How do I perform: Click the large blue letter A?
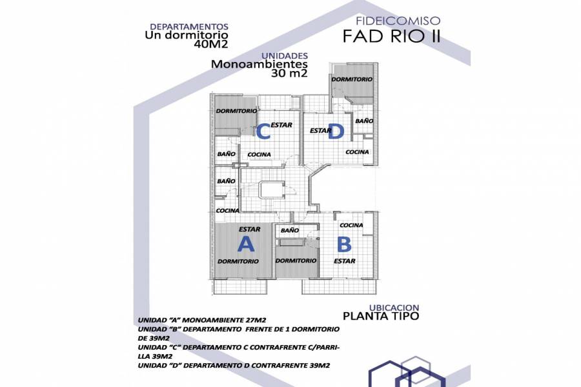[246, 244]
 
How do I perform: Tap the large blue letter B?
[344, 244]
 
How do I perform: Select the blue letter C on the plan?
[263, 132]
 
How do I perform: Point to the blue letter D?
[335, 133]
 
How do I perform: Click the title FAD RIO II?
[392, 35]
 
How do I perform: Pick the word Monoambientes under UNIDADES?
[259, 64]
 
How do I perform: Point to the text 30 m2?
[289, 74]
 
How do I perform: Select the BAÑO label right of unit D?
[364, 121]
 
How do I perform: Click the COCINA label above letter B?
[351, 225]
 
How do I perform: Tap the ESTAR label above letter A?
[249, 229]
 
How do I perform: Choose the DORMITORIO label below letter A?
[238, 261]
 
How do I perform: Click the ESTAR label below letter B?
[344, 261]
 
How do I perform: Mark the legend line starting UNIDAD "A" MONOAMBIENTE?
[202, 319]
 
